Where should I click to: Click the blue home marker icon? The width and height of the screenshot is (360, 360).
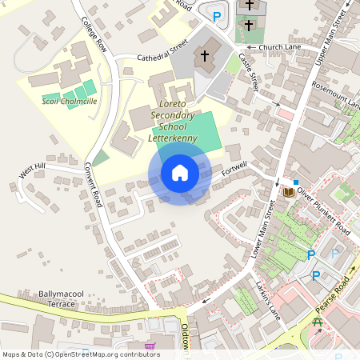point(180,173)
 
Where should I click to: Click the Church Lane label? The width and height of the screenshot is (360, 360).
point(277,47)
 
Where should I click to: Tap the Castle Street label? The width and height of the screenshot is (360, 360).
point(250,70)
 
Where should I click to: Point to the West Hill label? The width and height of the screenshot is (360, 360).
point(33,170)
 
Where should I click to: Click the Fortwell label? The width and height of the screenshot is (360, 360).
point(236,169)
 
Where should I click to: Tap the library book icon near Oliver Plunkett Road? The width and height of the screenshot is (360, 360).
point(288,192)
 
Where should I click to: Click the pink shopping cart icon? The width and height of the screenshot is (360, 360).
point(150,347)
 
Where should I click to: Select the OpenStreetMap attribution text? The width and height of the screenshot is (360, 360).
point(81,354)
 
